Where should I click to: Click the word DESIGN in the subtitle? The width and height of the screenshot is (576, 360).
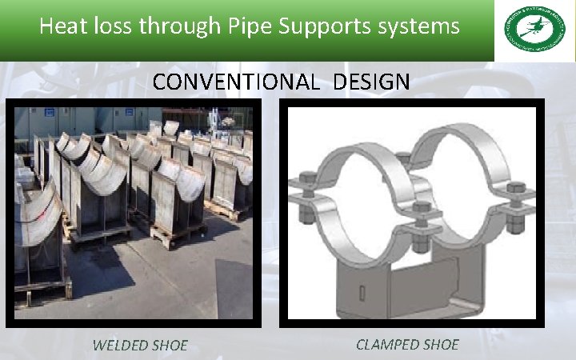373,82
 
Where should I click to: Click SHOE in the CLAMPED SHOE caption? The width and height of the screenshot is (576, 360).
441,345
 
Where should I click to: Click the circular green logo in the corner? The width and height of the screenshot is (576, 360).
534,30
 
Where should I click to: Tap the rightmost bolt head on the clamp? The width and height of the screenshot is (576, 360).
516,190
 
